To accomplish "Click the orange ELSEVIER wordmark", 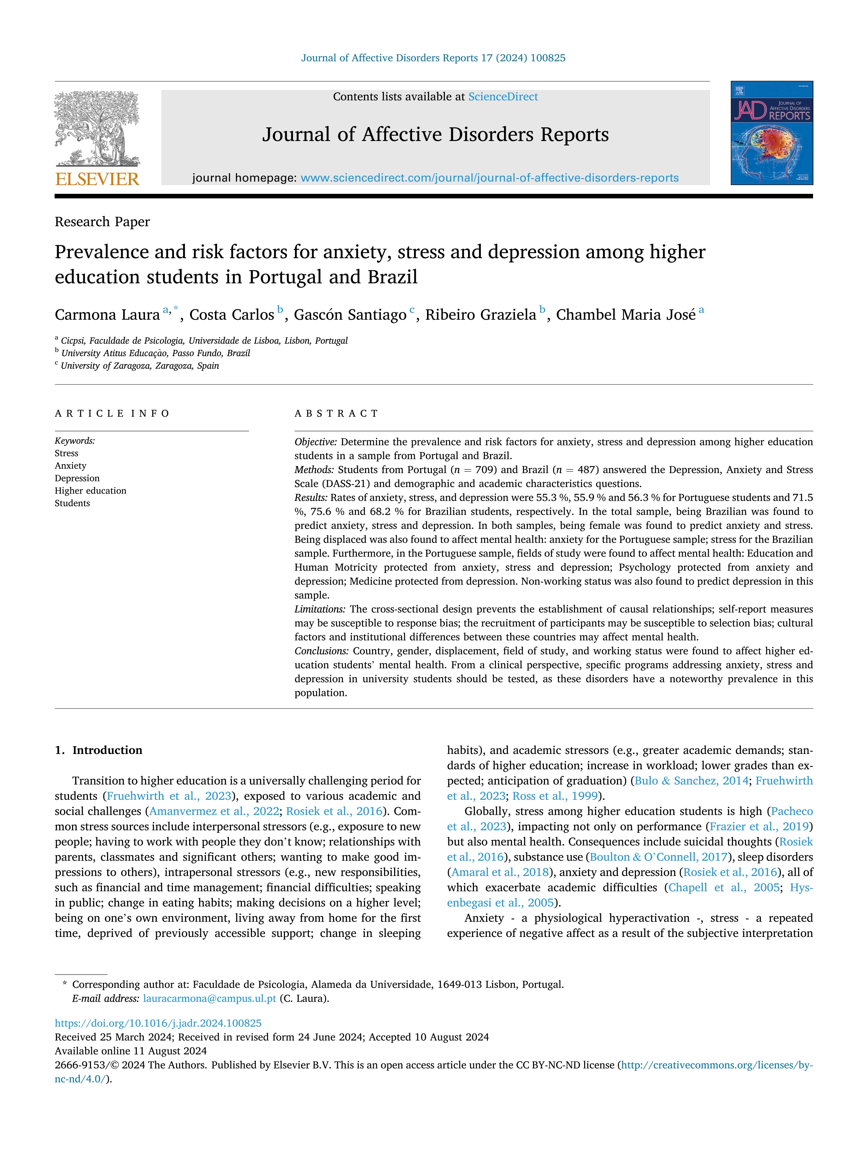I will coord(97,179).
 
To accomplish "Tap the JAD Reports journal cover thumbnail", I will coord(772,133).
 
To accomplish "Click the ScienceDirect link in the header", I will coord(503,97).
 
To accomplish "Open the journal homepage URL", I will coord(489,178).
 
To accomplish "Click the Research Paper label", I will coord(103,222).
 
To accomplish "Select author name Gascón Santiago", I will coord(350,315).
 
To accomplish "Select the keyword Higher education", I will coord(91,491).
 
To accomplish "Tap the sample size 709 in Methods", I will coord(483,470).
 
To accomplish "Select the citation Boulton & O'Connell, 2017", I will coord(659,857).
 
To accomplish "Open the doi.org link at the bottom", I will coord(158,1023).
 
